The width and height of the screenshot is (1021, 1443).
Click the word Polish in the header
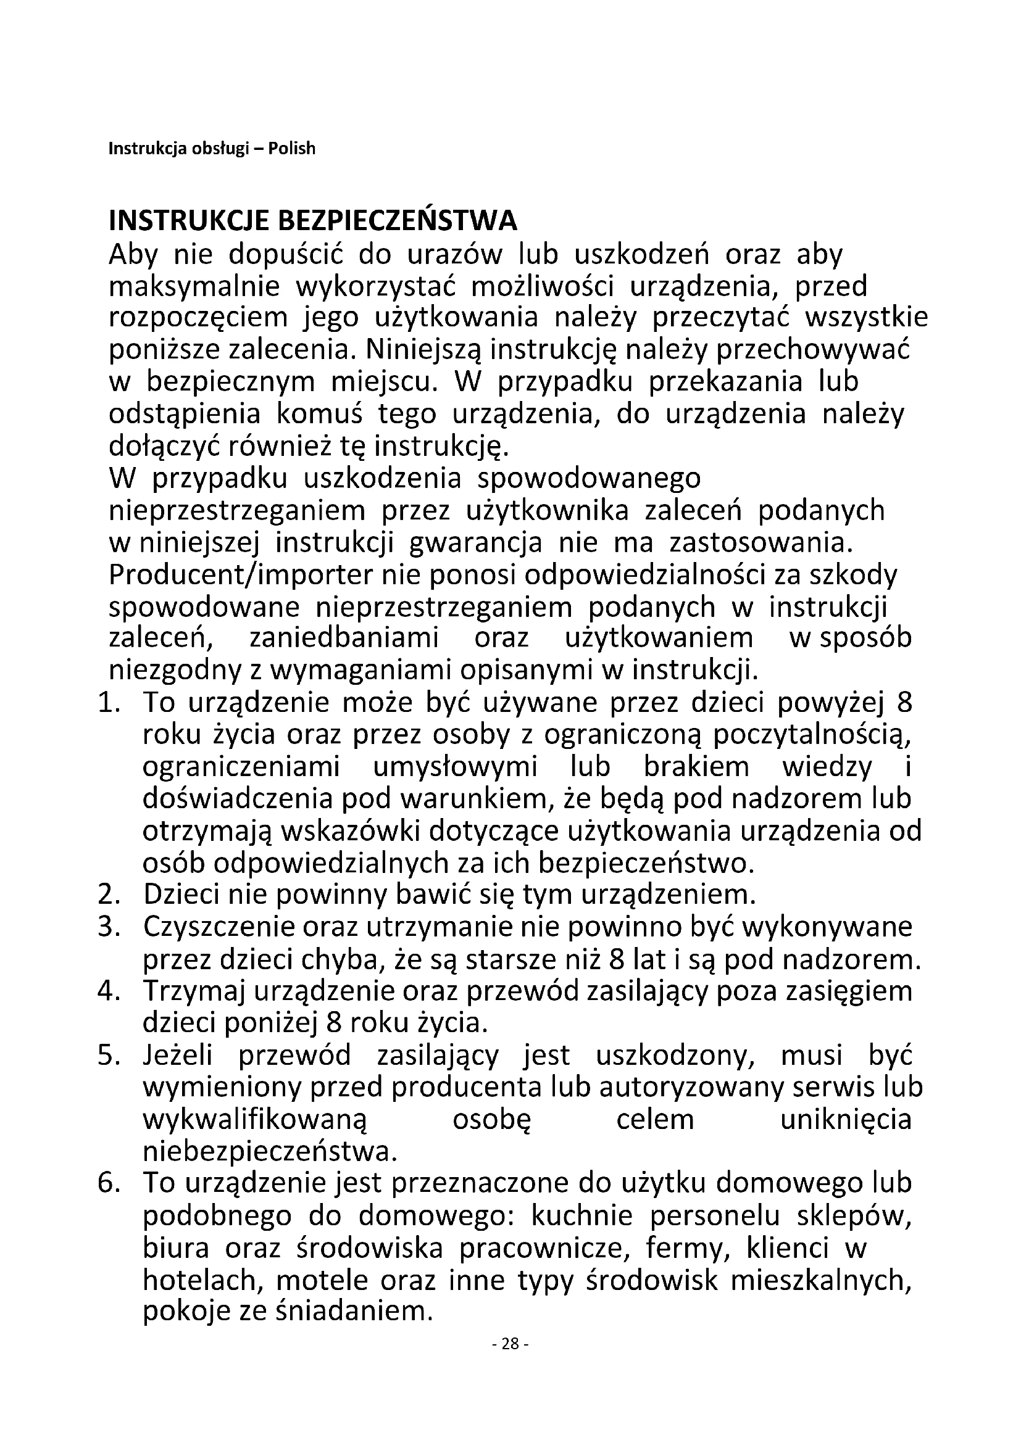coord(292,149)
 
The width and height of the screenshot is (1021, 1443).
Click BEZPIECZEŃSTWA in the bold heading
coord(398,221)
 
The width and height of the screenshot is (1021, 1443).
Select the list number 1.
coord(109,703)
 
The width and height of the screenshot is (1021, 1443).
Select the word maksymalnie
coord(194,287)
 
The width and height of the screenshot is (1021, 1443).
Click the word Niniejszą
coord(422,350)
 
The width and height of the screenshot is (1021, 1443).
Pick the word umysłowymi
coord(455,767)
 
